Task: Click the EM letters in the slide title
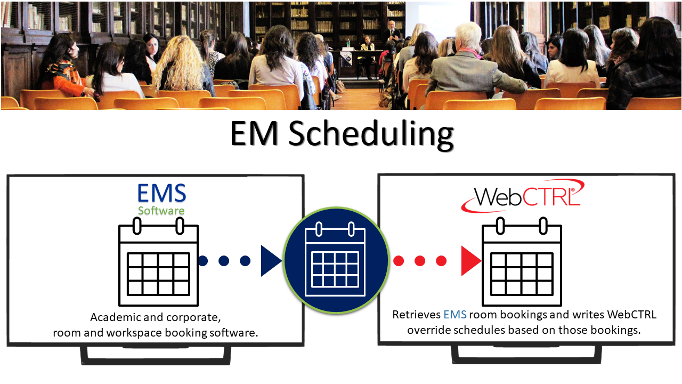click(254, 134)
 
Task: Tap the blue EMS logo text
click(161, 194)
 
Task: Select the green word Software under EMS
click(161, 211)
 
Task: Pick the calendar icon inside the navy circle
click(335, 259)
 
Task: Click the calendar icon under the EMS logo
click(159, 261)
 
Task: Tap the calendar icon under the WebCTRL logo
click(522, 261)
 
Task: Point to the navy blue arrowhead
click(271, 261)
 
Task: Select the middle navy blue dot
click(224, 261)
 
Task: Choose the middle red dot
click(420, 261)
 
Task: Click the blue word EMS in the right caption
click(455, 315)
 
